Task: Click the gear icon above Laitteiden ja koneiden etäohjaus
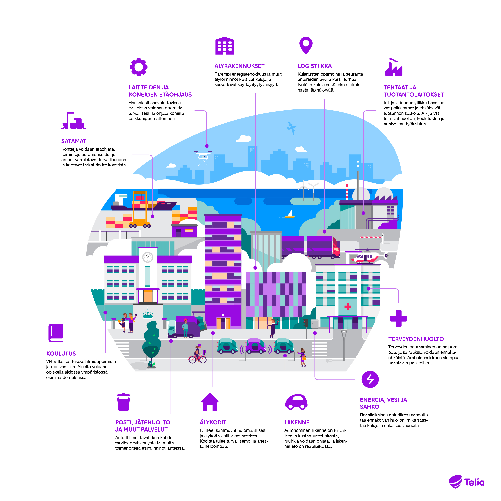coord(139,67)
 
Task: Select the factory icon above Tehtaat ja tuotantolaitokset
coord(394,67)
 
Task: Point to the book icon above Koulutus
coord(56,333)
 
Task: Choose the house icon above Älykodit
coord(210,402)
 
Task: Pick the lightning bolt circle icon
coord(370,379)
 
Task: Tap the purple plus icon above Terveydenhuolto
coord(399,318)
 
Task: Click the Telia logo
coord(466,482)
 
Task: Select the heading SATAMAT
coord(74,141)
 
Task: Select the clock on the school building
coord(147,257)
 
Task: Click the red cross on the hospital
coord(348,307)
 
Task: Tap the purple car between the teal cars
coord(255,346)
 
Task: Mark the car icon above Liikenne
coord(296,402)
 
